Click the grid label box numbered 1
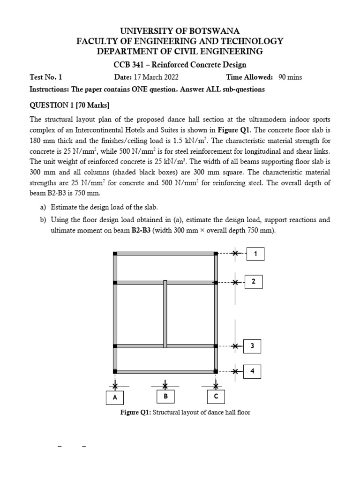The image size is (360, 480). tap(255, 254)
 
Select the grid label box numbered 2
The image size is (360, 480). tap(254, 282)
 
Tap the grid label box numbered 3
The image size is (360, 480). tap(252, 346)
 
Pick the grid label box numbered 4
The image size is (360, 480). tap(252, 371)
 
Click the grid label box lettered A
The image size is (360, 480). tap(114, 397)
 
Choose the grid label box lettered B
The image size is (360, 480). tap(165, 397)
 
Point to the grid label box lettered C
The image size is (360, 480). tap(216, 397)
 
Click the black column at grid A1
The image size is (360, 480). tap(115, 254)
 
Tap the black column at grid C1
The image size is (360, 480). tap(216, 254)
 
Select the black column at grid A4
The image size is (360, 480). tap(115, 371)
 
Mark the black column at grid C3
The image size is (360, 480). tap(216, 346)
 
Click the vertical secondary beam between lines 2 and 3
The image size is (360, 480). tap(165, 314)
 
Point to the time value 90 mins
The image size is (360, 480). tap(290, 77)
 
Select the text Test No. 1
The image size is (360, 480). tap(46, 77)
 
